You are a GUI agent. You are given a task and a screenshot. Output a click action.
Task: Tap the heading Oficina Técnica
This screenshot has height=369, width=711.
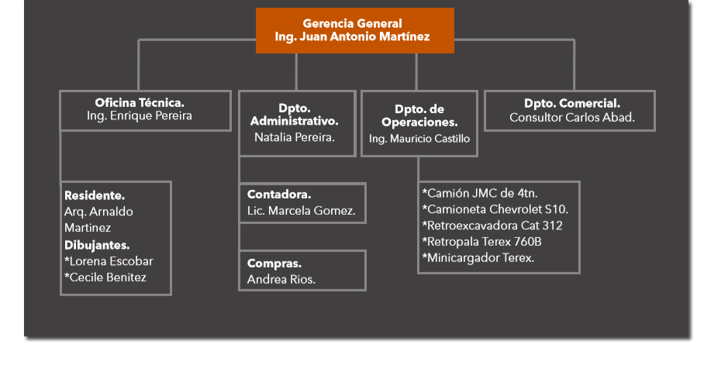coord(140,102)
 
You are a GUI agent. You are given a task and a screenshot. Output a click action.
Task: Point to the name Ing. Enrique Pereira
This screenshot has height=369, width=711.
coord(140,116)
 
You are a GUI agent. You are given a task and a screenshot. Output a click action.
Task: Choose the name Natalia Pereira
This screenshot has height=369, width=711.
coord(295,137)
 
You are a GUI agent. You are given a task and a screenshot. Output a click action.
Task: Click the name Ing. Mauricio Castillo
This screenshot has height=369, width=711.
coord(419,139)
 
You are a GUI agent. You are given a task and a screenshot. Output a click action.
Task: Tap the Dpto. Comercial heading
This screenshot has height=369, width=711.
coord(572,103)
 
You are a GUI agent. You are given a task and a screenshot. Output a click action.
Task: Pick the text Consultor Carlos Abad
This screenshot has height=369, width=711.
coord(572,118)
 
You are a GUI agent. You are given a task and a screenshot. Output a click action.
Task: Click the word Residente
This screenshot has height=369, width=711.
coord(95,195)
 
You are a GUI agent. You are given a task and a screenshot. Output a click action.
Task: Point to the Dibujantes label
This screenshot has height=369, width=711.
coord(97,245)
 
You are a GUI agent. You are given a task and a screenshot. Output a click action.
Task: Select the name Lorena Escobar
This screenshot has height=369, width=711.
coord(111,261)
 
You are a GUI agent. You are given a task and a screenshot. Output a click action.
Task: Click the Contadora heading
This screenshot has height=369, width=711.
coord(279,195)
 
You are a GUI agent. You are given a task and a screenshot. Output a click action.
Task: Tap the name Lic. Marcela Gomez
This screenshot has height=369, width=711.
coord(301,211)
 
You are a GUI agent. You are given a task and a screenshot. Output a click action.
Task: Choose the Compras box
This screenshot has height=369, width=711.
coord(302,271)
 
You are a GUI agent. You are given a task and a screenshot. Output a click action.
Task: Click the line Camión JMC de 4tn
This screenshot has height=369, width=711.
coord(480,194)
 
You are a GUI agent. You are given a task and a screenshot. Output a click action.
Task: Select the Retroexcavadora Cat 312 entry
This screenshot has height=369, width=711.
coord(492,226)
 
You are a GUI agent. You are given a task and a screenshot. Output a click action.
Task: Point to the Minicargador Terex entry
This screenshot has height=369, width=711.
coord(478,257)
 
